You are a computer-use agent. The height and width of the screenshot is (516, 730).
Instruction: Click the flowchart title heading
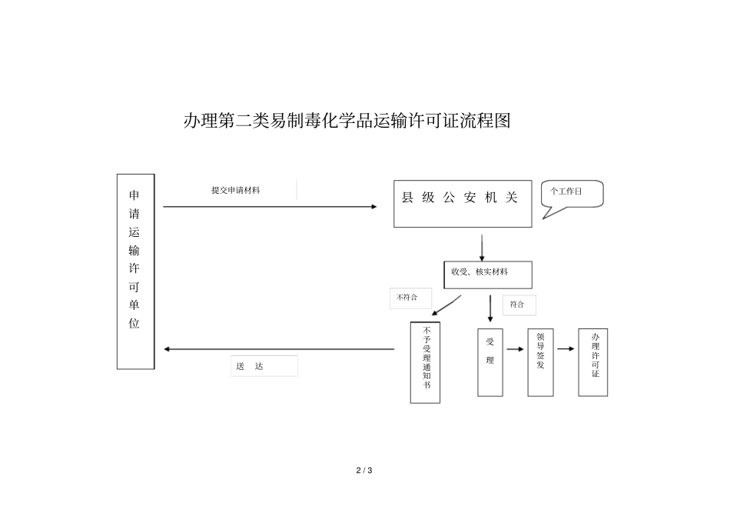(347, 121)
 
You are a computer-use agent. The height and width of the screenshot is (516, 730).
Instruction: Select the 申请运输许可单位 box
(135, 271)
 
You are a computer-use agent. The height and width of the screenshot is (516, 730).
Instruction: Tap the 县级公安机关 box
(462, 204)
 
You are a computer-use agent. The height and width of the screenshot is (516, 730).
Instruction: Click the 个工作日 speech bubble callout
(572, 195)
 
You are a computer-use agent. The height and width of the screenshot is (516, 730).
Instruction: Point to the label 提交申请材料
(235, 190)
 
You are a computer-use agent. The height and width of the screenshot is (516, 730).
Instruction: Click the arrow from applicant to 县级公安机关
(270, 207)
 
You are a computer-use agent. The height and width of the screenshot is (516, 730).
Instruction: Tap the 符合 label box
(519, 305)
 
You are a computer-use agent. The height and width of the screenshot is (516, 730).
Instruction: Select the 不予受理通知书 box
(425, 361)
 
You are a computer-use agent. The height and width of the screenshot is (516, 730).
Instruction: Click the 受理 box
(490, 361)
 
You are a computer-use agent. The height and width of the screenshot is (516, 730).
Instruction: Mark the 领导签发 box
(540, 361)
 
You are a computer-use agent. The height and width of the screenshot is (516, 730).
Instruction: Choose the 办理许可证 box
(592, 361)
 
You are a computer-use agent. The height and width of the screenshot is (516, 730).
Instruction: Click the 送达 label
(264, 367)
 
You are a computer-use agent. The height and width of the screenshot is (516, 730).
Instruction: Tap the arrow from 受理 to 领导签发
(515, 349)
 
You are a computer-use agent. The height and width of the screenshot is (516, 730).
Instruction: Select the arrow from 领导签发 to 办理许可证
(566, 349)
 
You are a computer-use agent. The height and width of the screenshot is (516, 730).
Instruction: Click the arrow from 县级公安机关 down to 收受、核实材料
(482, 246)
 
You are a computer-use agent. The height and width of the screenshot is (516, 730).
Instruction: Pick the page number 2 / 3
(364, 470)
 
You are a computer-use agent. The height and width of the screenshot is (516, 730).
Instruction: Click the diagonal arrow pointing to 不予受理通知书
(446, 305)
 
